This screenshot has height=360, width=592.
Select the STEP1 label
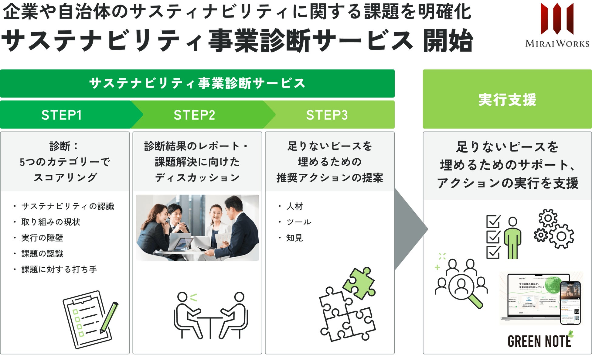click(x=62, y=115)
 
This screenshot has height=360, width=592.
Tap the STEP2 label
click(x=194, y=115)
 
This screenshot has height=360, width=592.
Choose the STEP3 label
click(x=327, y=115)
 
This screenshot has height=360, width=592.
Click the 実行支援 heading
click(x=507, y=100)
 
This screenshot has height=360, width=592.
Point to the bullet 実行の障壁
click(x=42, y=238)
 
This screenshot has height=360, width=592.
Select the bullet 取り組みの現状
click(x=51, y=222)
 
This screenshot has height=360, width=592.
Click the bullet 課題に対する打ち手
click(x=59, y=269)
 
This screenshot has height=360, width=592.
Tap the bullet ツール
click(x=299, y=222)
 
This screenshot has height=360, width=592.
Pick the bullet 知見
click(x=294, y=238)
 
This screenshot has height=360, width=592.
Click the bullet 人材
click(x=294, y=206)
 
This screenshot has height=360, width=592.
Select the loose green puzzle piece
click(x=359, y=283)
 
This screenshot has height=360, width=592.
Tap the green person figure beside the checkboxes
click(x=512, y=238)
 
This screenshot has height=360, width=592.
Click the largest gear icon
click(x=561, y=236)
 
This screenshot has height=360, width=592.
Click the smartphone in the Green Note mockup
click(x=570, y=303)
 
